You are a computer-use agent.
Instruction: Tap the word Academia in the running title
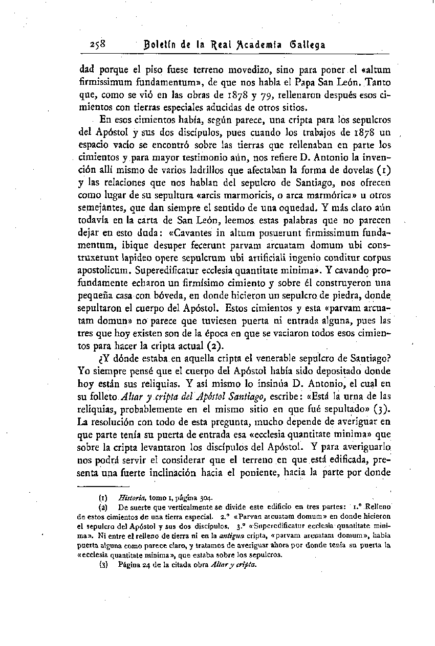click(246, 45)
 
